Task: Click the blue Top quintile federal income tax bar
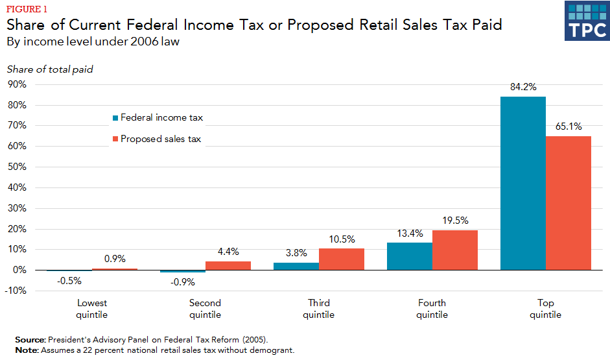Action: coord(522,183)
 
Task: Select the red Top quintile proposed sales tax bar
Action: coord(568,202)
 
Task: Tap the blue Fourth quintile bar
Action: coord(409,256)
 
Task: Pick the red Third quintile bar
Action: coord(341,259)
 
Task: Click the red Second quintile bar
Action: coord(228,265)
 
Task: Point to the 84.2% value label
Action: coord(523,88)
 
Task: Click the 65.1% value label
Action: coord(569,127)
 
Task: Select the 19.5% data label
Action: coord(455,221)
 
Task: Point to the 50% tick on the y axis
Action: coord(17,167)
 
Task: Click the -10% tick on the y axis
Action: coord(16,291)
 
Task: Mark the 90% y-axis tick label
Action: coord(17,85)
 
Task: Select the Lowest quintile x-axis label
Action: coord(92,309)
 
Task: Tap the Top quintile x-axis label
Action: coord(545,309)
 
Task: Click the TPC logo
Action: coord(586,21)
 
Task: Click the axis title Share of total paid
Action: coord(50,69)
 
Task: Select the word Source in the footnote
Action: coord(29,339)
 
